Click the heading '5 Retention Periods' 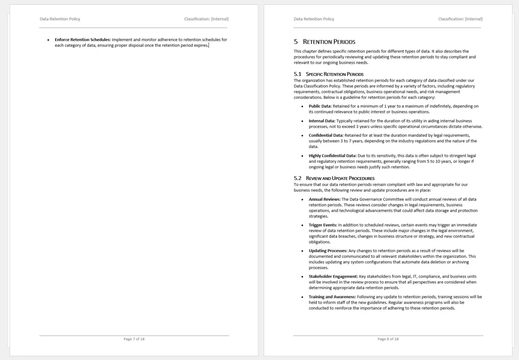coord(324,42)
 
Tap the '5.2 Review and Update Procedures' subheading coord(334,178)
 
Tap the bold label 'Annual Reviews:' coord(321,199)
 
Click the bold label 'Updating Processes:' coord(327,251)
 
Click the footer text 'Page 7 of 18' coord(134,339)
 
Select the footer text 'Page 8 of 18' coord(388,339)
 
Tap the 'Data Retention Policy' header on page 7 coord(60,19)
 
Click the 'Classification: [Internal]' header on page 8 coord(460,19)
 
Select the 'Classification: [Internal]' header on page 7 coord(206,19)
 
